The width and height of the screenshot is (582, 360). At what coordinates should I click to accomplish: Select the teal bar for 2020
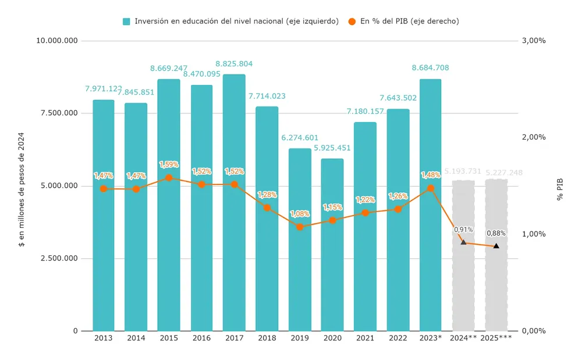(332, 244)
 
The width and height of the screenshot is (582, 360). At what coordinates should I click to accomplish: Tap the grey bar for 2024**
(463, 255)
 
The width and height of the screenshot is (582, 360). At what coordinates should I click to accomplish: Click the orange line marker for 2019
(300, 227)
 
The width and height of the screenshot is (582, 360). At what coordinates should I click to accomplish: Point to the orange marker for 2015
(169, 178)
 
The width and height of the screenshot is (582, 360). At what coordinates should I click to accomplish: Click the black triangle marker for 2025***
(496, 246)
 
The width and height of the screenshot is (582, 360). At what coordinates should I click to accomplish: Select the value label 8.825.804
(234, 64)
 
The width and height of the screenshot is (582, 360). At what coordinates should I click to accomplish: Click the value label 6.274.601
(300, 138)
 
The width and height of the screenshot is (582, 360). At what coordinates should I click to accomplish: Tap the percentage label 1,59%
(169, 165)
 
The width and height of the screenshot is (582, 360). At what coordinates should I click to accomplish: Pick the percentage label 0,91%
(463, 230)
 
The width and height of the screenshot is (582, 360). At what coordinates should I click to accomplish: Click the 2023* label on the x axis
(430, 338)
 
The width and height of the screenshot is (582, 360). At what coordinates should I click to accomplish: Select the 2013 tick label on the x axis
(103, 338)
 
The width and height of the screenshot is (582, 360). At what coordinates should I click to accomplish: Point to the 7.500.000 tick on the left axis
(59, 113)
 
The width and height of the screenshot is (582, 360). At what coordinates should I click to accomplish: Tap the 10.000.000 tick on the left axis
(57, 41)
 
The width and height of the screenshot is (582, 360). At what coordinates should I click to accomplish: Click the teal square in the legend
(126, 22)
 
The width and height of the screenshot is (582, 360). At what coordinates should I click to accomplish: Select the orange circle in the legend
(352, 22)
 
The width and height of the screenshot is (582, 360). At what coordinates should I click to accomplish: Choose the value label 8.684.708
(430, 68)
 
